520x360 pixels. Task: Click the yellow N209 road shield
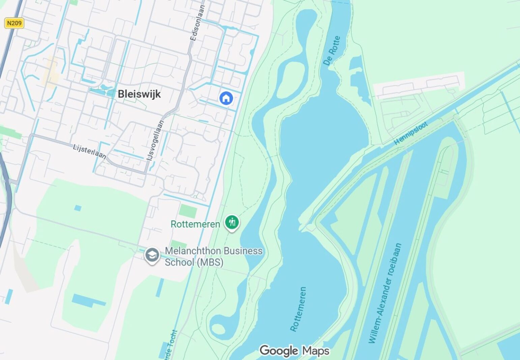[x=14, y=23]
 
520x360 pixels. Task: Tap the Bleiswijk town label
[x=139, y=94]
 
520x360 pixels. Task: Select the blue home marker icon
[x=226, y=98]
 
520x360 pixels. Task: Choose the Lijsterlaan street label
[x=90, y=151]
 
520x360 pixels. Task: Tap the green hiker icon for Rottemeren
[x=232, y=223]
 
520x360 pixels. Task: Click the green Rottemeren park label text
[x=195, y=224]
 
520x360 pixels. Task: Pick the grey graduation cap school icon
[x=152, y=255]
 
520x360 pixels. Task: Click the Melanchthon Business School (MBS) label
[x=213, y=256]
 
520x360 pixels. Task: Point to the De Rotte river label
[x=332, y=50]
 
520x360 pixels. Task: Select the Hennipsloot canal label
[x=411, y=133]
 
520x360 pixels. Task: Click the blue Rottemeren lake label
[x=298, y=309]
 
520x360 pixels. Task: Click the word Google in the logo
[x=279, y=351]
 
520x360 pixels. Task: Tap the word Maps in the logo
[x=315, y=351]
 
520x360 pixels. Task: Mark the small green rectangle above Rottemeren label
[x=188, y=211]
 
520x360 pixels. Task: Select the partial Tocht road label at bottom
[x=172, y=346]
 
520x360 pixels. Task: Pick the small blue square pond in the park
[x=78, y=208]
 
